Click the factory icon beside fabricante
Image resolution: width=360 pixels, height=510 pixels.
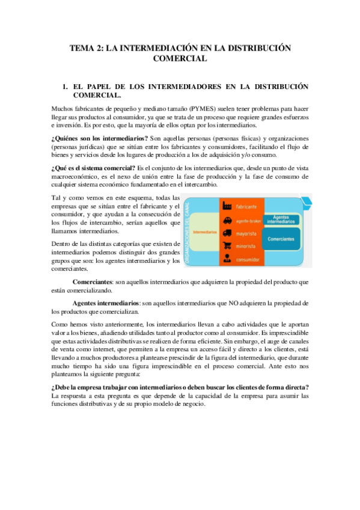tap(228, 206)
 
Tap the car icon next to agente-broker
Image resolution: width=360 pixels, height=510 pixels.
tap(228, 220)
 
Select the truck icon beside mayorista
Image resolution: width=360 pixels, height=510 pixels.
tap(228, 233)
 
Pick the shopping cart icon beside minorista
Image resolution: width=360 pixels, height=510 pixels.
tap(228, 246)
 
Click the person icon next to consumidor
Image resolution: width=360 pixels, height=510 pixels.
tap(228, 259)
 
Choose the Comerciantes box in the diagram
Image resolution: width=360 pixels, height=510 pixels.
tap(281, 239)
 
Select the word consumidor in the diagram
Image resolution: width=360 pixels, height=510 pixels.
tap(248, 260)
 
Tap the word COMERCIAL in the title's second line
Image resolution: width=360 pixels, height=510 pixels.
tap(180, 58)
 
